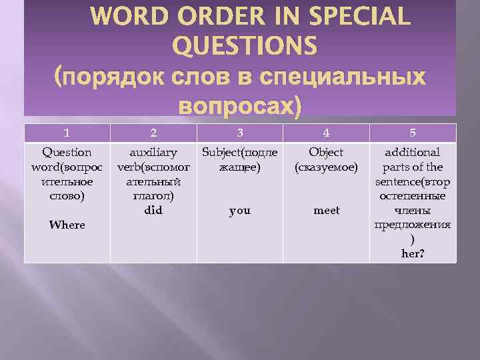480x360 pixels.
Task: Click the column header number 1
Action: point(67,132)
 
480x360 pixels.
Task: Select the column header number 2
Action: point(153,132)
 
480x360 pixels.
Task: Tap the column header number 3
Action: point(240,132)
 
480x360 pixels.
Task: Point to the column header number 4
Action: point(327,132)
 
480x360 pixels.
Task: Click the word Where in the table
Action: point(67,225)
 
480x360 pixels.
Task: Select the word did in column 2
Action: point(153,211)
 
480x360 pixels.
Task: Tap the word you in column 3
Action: point(240,211)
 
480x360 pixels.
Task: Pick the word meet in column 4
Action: point(327,211)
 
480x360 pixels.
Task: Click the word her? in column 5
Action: point(413,254)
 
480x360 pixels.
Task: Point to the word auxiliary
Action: point(153,153)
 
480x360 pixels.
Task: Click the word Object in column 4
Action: point(327,153)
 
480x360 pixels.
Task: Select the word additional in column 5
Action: point(413,153)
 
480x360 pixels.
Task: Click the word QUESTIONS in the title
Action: point(245,46)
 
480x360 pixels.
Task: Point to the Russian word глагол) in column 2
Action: point(153,196)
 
